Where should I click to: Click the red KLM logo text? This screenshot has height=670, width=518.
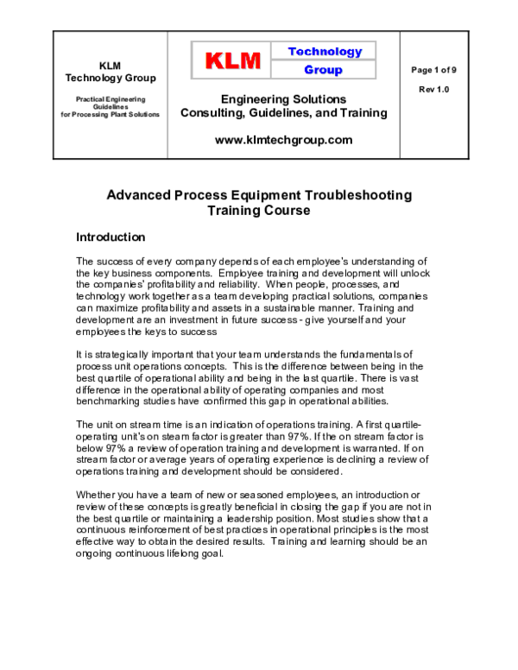click(232, 60)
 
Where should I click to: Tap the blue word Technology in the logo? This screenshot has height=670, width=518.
click(325, 51)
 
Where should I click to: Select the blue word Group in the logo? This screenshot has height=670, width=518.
click(323, 70)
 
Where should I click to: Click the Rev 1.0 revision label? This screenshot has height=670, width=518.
click(435, 89)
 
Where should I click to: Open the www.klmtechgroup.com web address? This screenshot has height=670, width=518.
click(283, 139)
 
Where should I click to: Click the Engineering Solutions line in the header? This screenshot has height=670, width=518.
click(283, 99)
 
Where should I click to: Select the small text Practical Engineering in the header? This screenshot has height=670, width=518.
click(110, 99)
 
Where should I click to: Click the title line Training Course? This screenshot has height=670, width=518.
click(258, 211)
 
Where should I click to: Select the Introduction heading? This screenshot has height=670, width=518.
click(111, 237)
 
